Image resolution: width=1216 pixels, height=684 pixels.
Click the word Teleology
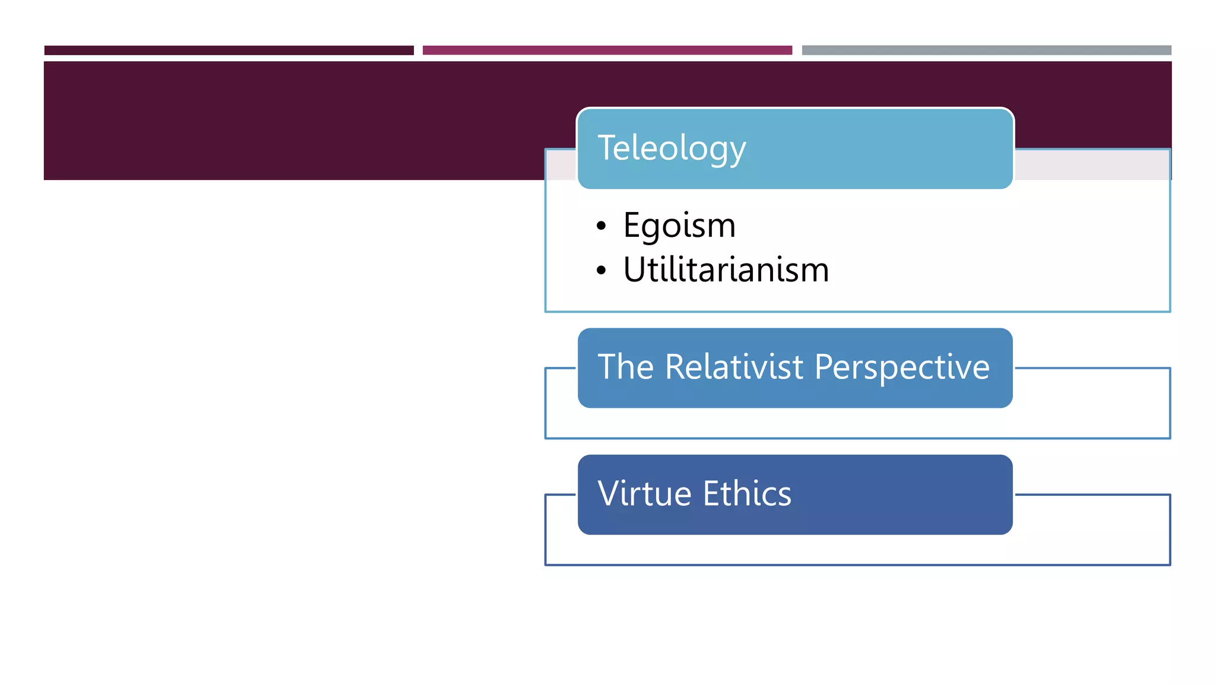[672, 148]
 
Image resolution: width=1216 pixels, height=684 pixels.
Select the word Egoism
[679, 226]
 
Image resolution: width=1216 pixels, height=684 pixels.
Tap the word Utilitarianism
[726, 270]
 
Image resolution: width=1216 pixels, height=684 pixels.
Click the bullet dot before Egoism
[601, 226]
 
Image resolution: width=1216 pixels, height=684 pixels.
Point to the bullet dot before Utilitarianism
[601, 271]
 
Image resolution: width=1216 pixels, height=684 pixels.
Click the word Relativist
[734, 367]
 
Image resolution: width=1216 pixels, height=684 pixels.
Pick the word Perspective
[902, 368]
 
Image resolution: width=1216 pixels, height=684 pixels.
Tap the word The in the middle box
[625, 367]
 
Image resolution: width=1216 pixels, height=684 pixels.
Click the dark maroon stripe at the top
[229, 50]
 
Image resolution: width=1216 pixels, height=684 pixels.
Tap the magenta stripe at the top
[607, 50]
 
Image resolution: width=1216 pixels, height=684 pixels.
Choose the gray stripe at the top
[986, 50]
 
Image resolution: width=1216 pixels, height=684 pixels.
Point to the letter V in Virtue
[609, 493]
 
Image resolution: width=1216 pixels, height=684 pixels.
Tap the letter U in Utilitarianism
[634, 270]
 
